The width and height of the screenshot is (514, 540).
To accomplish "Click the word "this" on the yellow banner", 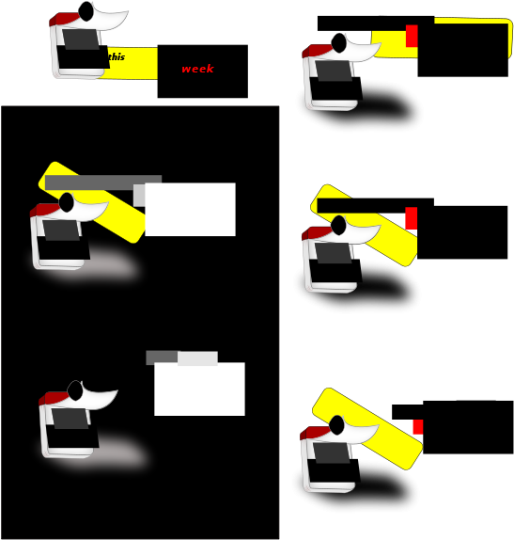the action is click(x=117, y=56).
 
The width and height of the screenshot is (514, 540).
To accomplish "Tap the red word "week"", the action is click(x=198, y=69).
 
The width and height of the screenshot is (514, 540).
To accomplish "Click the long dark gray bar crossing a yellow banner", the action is click(x=103, y=183).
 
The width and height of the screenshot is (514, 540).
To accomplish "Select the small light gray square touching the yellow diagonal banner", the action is click(x=139, y=196).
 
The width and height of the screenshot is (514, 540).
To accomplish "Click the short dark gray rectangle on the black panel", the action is click(x=162, y=357).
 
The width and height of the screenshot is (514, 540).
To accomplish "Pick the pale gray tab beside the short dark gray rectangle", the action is click(x=197, y=357).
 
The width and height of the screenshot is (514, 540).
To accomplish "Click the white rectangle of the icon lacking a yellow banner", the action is click(x=199, y=389).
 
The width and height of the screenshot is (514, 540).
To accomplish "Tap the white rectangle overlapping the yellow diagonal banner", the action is click(x=190, y=210).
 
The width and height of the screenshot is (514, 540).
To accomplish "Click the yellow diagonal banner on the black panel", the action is click(x=92, y=202).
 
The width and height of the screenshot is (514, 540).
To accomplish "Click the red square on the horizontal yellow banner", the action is click(x=412, y=36).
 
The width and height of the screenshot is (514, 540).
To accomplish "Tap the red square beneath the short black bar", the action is click(x=418, y=427).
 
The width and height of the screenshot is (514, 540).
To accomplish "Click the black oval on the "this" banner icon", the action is click(x=86, y=11).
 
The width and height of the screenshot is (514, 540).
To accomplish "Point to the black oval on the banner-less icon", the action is click(x=74, y=390).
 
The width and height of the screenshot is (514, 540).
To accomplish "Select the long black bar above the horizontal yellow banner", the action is click(x=376, y=24).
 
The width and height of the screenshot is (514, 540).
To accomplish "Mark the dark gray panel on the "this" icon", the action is click(x=81, y=40).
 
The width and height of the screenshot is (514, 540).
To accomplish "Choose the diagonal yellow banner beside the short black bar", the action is click(x=367, y=429).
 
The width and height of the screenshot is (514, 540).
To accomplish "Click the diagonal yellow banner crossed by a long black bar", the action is click(x=365, y=226).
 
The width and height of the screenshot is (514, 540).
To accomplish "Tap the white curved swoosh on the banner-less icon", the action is click(x=101, y=398).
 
